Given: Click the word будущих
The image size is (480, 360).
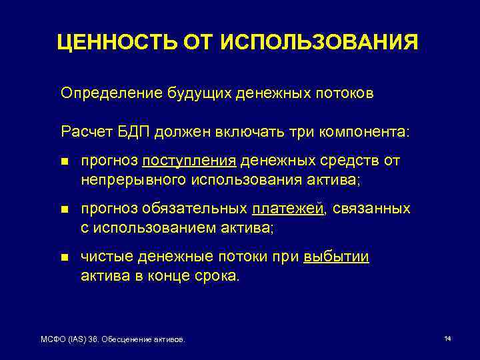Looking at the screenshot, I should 193,93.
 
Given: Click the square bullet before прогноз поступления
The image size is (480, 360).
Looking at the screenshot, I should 64,161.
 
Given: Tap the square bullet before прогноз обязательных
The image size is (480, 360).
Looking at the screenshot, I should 64,209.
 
